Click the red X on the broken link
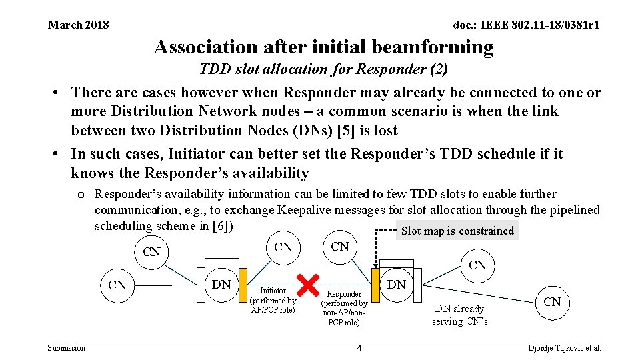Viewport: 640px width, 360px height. click(307, 285)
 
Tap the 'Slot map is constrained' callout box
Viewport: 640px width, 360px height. click(457, 231)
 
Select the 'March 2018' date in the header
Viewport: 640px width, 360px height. click(78, 25)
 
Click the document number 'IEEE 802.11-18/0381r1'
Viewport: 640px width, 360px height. click(526, 25)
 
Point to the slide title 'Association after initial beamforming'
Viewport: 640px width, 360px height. click(323, 47)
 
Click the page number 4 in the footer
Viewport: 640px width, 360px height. click(359, 347)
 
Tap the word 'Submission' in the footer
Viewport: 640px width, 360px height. click(67, 347)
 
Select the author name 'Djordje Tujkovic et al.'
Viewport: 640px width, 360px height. click(564, 347)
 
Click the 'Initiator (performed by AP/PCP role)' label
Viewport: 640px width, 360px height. click(273, 300)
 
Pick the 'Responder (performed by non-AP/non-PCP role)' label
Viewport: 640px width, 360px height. click(344, 308)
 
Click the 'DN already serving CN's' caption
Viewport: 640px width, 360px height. click(459, 315)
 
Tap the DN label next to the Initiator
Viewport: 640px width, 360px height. click(221, 285)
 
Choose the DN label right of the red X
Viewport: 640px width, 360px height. click(397, 284)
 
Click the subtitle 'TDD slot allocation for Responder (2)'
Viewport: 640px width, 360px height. click(323, 69)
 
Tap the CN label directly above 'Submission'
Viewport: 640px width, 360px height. click(117, 285)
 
